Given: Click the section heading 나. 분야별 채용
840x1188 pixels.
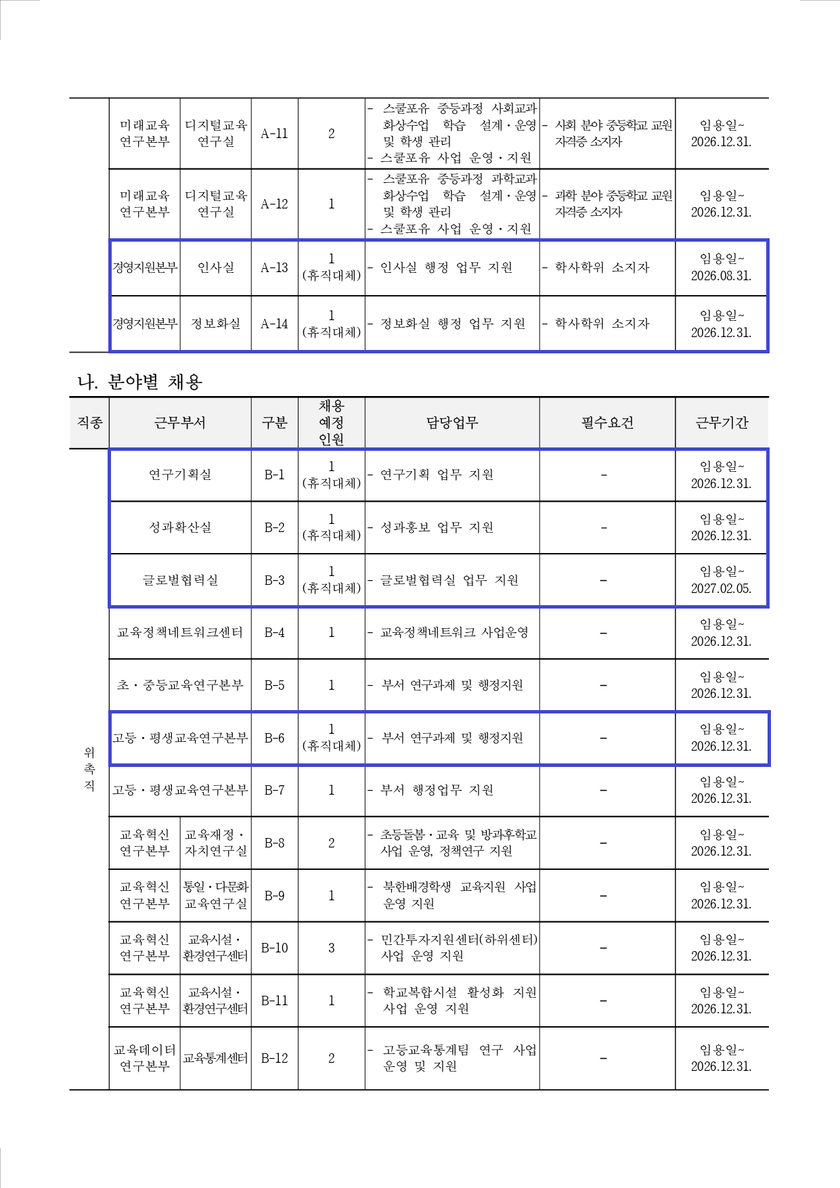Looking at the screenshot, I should [x=139, y=382].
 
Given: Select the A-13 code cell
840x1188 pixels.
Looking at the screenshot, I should [x=274, y=268].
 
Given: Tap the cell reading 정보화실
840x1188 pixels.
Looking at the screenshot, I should [x=215, y=324].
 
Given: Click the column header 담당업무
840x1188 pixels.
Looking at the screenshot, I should [x=451, y=423].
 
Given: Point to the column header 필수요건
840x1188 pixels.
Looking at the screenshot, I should [x=607, y=423].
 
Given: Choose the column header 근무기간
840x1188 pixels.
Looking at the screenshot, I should [x=722, y=423].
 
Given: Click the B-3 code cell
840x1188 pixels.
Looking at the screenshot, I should [x=274, y=581].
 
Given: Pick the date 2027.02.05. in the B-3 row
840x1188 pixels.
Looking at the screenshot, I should [x=721, y=589].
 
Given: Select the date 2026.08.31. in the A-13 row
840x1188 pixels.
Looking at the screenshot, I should [x=721, y=276].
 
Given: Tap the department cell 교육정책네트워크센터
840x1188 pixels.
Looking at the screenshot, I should [x=180, y=633].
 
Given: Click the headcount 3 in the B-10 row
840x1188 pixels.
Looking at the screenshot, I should [x=331, y=948].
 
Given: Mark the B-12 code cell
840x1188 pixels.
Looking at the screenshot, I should [x=274, y=1059].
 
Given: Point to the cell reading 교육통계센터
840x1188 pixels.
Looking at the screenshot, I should [x=215, y=1059].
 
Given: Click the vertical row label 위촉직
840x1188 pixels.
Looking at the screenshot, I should [x=89, y=770].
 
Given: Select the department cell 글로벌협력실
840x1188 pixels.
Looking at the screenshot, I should [x=180, y=581].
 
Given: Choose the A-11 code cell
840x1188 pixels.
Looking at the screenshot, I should [x=274, y=134].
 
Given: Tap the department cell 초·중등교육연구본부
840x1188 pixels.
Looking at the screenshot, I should [x=180, y=686].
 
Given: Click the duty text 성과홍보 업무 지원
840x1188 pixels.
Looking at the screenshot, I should [x=437, y=528].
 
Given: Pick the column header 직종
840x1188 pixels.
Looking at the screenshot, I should [x=89, y=423].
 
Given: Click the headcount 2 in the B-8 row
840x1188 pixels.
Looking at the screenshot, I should [x=331, y=843].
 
